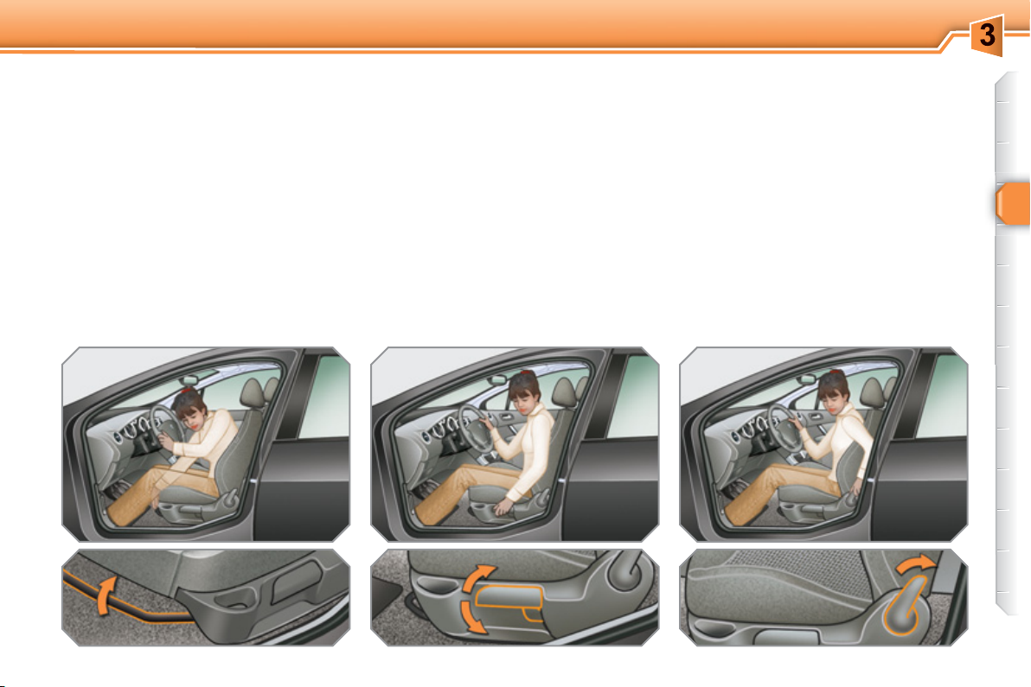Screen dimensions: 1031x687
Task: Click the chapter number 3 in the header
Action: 986,35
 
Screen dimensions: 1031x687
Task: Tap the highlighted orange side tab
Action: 1013,204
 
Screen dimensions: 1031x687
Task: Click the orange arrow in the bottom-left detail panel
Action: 106,595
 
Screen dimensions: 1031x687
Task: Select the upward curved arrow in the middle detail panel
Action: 478,576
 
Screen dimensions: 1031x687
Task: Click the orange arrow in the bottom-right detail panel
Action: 914,563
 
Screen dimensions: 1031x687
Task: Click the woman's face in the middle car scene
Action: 525,398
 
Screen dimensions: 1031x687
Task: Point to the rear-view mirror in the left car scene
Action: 190,379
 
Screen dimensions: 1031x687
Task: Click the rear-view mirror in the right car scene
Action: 808,379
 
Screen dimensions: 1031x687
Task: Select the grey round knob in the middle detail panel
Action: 625,570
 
